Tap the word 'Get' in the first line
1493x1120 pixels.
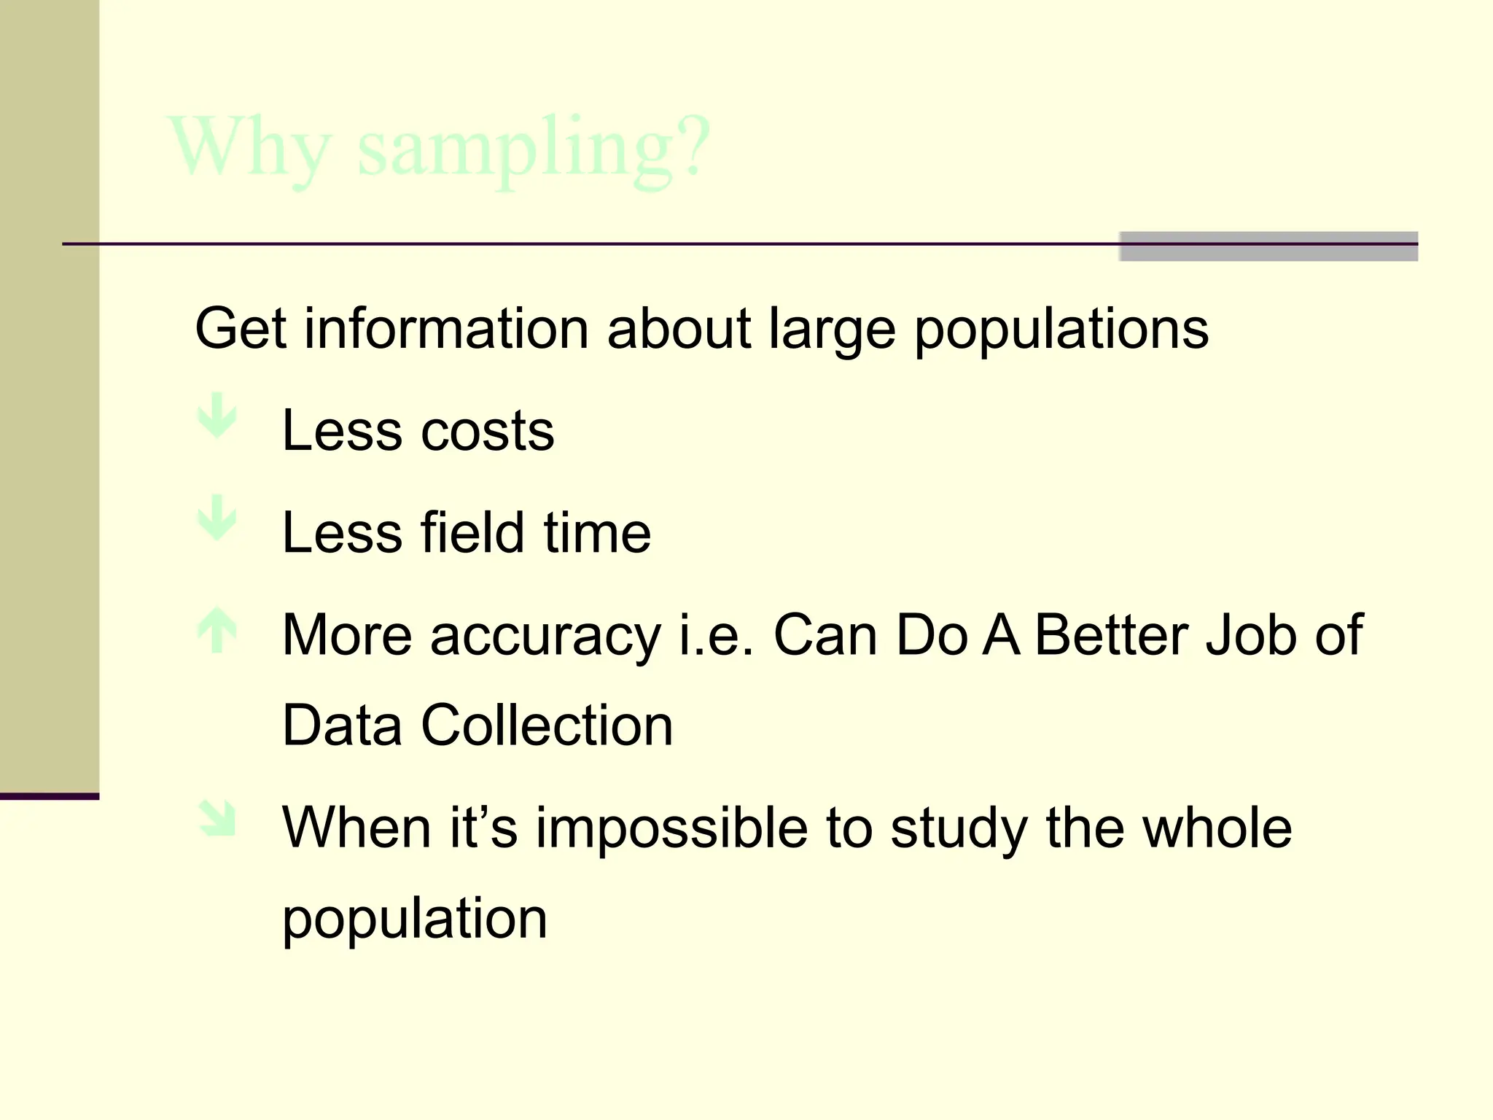(240, 329)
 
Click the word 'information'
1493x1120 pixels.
(446, 329)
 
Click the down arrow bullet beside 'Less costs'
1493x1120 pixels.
(217, 416)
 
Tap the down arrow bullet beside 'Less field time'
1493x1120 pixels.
(217, 518)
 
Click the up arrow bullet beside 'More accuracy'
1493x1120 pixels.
(217, 631)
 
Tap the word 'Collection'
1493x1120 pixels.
(547, 726)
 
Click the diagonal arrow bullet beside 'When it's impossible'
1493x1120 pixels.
(218, 818)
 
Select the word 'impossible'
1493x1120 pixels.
(671, 828)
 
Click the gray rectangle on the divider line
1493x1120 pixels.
(1268, 246)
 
